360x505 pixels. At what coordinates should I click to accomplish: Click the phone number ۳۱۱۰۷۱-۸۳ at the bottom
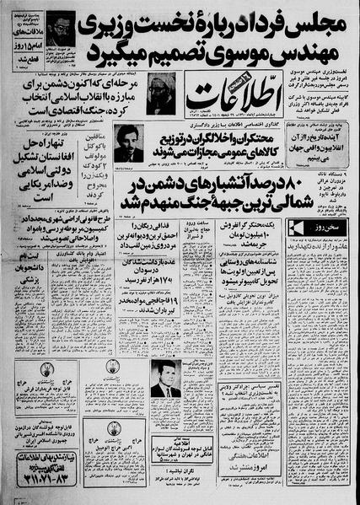point(50,484)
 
